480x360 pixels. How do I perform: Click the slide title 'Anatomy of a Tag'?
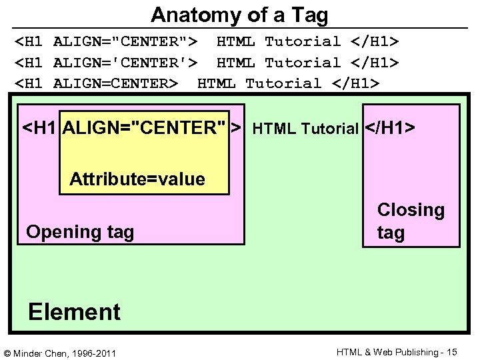pyautogui.click(x=239, y=14)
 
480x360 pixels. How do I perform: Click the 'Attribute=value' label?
pyautogui.click(x=137, y=179)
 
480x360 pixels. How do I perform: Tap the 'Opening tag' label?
pyautogui.click(x=80, y=232)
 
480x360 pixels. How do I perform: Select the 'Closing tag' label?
pyautogui.click(x=410, y=221)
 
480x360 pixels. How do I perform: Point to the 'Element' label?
pyautogui.click(x=74, y=311)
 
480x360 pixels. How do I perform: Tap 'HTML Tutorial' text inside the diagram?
pyautogui.click(x=306, y=128)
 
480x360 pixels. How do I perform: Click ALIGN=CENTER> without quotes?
pyautogui.click(x=115, y=83)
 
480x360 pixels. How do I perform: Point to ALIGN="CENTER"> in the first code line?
pyautogui.click(x=125, y=42)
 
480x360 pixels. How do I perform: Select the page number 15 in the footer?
pyautogui.click(x=452, y=351)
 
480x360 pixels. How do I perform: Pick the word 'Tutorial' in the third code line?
pyautogui.click(x=283, y=83)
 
